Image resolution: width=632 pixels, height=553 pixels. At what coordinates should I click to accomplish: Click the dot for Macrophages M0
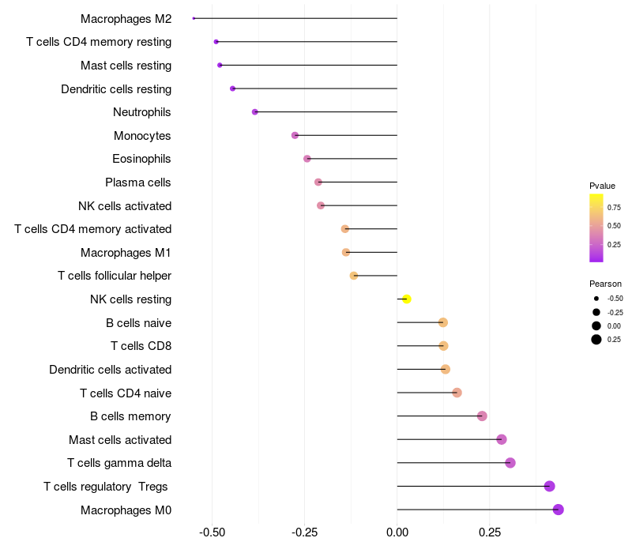coord(559,510)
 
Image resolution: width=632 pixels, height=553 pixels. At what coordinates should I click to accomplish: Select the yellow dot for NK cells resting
coord(406,299)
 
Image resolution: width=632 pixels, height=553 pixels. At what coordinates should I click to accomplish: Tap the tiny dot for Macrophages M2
coord(194,18)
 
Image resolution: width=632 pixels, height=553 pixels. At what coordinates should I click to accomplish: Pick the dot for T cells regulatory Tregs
coord(550,487)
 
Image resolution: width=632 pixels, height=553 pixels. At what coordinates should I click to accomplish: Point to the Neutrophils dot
coord(254,112)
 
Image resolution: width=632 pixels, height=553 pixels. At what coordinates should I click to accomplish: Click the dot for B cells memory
coord(482,416)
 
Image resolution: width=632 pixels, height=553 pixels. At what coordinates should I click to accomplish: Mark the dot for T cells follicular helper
coord(354,276)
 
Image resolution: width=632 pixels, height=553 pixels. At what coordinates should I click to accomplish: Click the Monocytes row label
coord(142,136)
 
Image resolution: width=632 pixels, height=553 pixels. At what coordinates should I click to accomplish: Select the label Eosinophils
coord(141,159)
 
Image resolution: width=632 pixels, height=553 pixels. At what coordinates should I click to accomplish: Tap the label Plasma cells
coord(138,182)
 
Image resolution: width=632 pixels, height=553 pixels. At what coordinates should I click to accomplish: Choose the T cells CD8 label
coord(141,346)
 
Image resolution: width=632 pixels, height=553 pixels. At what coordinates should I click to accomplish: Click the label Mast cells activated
coord(120,439)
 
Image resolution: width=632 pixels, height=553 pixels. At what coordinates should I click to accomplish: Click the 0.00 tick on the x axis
coord(397,532)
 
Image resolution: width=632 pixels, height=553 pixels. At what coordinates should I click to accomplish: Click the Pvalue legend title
coord(602,186)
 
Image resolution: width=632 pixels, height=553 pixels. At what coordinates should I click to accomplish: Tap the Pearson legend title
coord(605,284)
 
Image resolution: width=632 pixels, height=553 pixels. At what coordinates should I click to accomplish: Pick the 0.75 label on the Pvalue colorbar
coord(614,207)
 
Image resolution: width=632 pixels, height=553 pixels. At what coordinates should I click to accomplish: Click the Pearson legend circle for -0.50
coord(596,299)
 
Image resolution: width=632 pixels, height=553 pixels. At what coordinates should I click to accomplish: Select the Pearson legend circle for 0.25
coord(596,340)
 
